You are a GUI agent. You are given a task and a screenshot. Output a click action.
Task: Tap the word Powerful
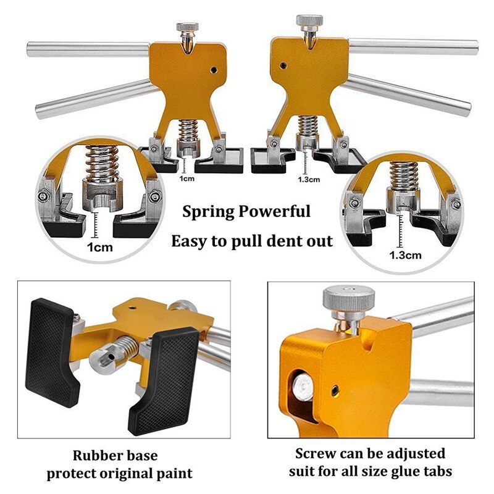pos(276,212)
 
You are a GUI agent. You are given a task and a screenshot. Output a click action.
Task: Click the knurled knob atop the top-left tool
pos(187,28)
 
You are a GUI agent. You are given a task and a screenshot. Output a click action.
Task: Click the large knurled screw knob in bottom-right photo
pos(348,301)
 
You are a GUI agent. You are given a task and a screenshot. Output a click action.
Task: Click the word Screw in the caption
pos(314,453)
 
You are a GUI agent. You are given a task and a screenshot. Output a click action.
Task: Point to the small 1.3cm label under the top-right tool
pos(309,180)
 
